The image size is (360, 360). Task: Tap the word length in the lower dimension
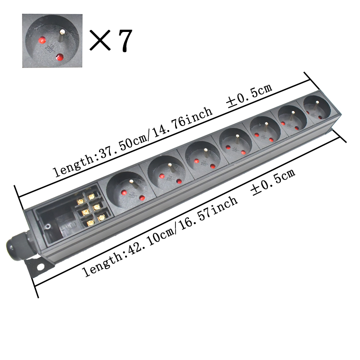click(98, 266)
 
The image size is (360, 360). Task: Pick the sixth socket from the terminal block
click(292, 119)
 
